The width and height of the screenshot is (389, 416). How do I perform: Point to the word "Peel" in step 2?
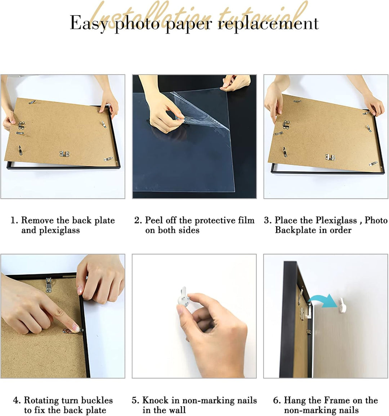(x=155, y=221)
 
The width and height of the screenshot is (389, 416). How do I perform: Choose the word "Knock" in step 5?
(x=155, y=401)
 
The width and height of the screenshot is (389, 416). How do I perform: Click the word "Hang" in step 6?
(x=295, y=401)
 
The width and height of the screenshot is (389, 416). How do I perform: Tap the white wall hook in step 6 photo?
(x=343, y=305)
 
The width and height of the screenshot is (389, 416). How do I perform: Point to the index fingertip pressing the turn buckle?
(x=74, y=328)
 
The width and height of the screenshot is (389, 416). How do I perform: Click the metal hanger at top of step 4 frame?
(x=49, y=284)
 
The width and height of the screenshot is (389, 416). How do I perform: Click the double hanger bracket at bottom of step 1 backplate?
(x=64, y=154)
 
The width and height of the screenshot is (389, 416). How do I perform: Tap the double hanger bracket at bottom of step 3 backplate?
(x=330, y=157)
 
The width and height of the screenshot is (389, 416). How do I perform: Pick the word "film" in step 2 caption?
(x=245, y=221)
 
